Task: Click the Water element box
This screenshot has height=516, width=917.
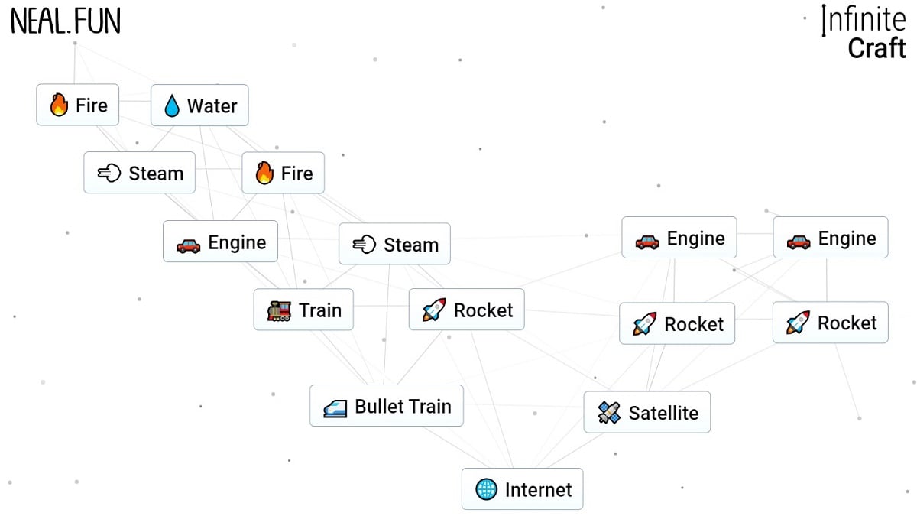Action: point(199,105)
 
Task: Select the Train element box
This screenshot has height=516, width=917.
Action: point(303,310)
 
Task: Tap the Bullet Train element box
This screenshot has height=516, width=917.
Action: point(386,406)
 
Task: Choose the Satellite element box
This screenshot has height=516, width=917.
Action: point(646,413)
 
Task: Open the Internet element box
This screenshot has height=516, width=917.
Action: point(522,489)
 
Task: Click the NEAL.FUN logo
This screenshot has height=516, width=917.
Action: point(66,22)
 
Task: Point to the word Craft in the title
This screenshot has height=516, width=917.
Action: point(876,48)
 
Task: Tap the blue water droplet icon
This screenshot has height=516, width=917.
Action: point(172,106)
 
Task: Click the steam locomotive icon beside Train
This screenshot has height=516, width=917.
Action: point(279,310)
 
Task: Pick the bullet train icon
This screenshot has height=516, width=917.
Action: point(335,407)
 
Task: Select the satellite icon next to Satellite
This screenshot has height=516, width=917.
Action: point(608,414)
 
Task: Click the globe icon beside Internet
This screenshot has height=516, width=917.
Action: point(486,489)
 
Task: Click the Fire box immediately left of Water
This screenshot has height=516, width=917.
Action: point(78,105)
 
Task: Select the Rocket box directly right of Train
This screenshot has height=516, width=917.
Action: point(466,310)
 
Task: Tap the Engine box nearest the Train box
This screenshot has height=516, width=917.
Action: point(220,242)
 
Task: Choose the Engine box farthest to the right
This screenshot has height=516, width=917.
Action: point(830,238)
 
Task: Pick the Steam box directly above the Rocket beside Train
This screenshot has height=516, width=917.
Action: point(394,245)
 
